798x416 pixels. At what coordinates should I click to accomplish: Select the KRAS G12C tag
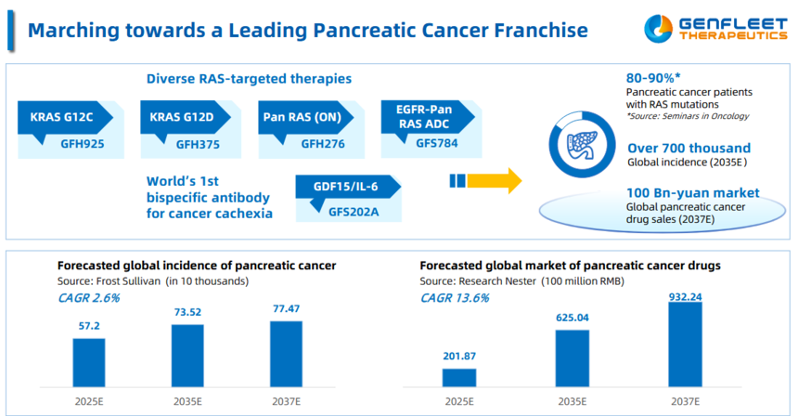pos(62,118)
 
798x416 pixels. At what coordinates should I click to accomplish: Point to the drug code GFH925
pos(81,144)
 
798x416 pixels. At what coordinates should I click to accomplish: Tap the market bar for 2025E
pos(458,377)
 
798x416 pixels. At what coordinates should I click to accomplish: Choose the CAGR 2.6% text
pos(88,298)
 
